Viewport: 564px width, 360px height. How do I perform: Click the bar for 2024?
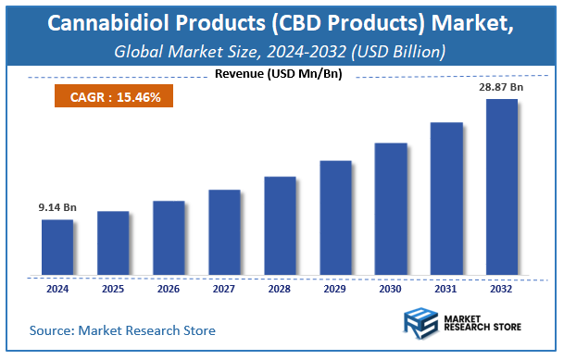point(57,247)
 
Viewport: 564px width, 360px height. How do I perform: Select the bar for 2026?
point(169,238)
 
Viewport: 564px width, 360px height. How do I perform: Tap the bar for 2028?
point(280,226)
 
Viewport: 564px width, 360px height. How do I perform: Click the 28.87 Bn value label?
point(502,86)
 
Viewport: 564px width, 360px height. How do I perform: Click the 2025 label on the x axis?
point(113,289)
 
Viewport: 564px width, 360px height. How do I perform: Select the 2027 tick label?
point(224,289)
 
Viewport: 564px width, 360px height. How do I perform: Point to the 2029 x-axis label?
point(335,289)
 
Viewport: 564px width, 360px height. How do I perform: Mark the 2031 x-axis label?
point(446,289)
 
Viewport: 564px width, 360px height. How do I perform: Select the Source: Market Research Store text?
point(122,330)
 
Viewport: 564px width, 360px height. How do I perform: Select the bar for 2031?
point(446,198)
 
